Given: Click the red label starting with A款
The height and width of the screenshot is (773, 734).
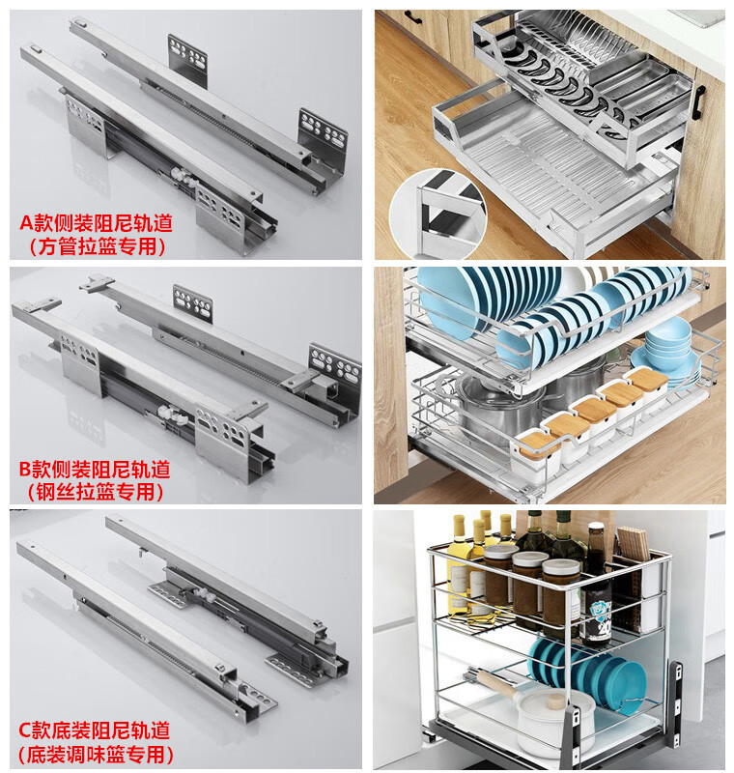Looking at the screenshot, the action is pos(96,223).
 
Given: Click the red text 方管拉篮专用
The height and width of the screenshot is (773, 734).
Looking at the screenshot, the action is pos(97,246).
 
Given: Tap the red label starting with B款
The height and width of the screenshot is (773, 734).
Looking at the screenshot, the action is pos(95,470).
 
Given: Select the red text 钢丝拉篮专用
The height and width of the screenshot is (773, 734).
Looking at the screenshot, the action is pos(96,492).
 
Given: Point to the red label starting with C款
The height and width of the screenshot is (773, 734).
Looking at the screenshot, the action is pos(95,730).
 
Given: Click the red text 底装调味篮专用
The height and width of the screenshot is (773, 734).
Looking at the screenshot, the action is pos(96,755).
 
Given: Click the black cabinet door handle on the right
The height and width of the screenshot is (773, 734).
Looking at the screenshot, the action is pos(698,102).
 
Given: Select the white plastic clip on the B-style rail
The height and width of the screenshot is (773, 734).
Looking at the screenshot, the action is pos(172,415).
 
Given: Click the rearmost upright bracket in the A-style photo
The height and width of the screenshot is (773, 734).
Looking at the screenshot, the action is pos(187,56).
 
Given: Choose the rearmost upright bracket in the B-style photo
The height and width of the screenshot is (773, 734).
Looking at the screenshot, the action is pos(192,302).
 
